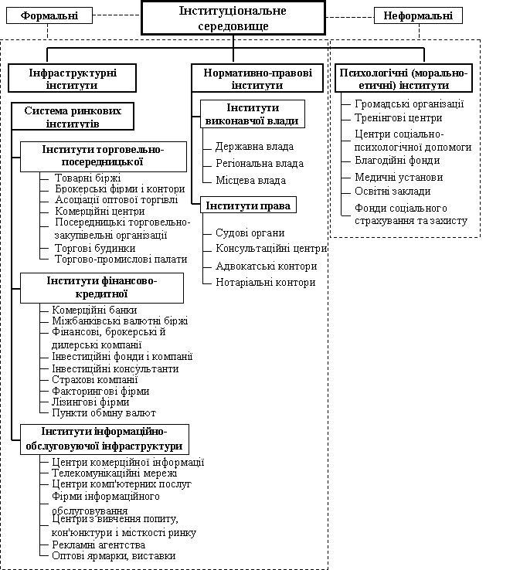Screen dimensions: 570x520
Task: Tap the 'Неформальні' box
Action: pyautogui.click(x=418, y=15)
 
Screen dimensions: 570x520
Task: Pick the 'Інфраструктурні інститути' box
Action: pyautogui.click(x=73, y=78)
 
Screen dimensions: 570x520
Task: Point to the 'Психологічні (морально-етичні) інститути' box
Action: pyautogui.click(x=404, y=78)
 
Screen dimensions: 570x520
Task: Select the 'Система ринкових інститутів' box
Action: pyautogui.click(x=73, y=117)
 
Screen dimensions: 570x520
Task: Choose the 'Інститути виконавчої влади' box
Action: pyautogui.click(x=253, y=114)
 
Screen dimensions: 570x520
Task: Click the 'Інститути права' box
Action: pyautogui.click(x=250, y=206)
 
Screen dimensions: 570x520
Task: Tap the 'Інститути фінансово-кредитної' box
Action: pyautogui.click(x=102, y=287)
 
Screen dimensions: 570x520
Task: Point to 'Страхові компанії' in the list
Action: pyautogui.click(x=94, y=380)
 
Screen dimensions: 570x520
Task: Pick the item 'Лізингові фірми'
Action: pyautogui.click(x=90, y=402)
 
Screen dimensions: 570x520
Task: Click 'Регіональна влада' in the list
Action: pyautogui.click(x=259, y=164)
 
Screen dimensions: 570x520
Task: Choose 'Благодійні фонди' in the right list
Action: pyautogui.click(x=397, y=161)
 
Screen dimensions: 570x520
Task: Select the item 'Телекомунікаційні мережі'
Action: pyautogui.click(x=114, y=473)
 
